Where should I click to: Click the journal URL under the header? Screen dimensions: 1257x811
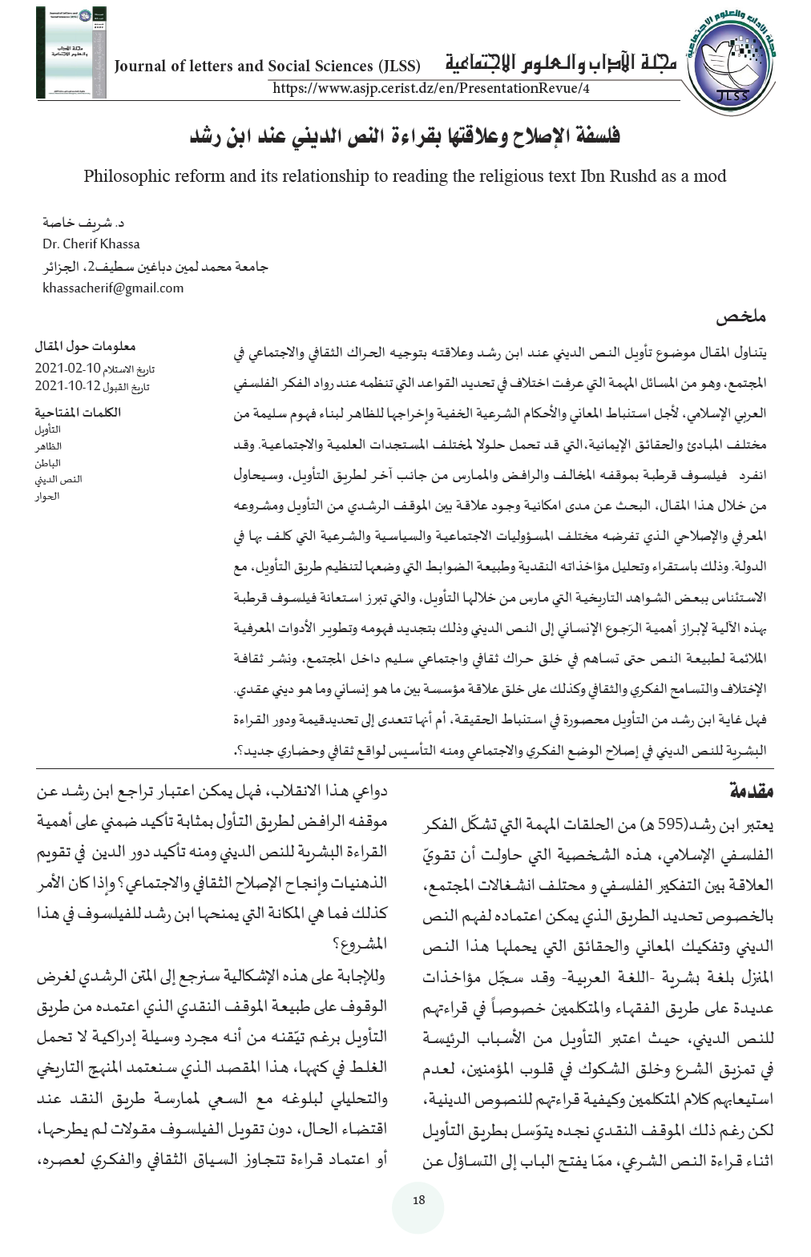[x=431, y=88]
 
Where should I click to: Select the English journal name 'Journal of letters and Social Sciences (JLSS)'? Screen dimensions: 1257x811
[x=273, y=66]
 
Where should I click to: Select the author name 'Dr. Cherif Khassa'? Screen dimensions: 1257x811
[x=91, y=244]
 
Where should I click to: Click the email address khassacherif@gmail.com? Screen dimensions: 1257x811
[x=113, y=288]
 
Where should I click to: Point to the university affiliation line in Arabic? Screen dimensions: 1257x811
[x=155, y=266]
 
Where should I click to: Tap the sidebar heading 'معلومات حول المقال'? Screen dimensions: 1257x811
[x=86, y=347]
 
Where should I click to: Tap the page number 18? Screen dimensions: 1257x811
[x=418, y=1200]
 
